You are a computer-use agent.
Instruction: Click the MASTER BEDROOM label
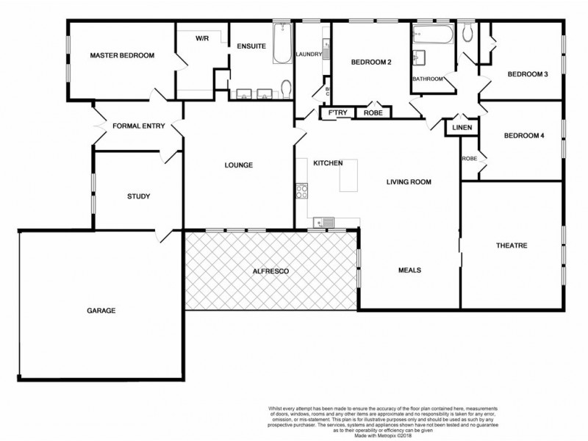point(122,55)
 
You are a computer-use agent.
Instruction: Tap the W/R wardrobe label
point(201,37)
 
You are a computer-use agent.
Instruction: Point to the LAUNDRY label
point(309,54)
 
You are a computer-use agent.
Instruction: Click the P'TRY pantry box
point(337,112)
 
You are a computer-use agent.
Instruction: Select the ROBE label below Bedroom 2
point(373,113)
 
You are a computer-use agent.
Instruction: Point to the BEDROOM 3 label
point(527,73)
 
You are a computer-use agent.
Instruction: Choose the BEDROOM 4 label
point(523,135)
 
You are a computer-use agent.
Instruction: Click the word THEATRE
point(512,245)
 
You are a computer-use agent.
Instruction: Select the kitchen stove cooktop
point(301,191)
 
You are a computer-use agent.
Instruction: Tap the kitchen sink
point(323,221)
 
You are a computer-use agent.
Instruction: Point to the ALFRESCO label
point(270,271)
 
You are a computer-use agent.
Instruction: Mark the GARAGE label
point(101,310)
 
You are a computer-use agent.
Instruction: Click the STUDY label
point(138,196)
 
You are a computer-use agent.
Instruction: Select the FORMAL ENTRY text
point(138,126)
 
